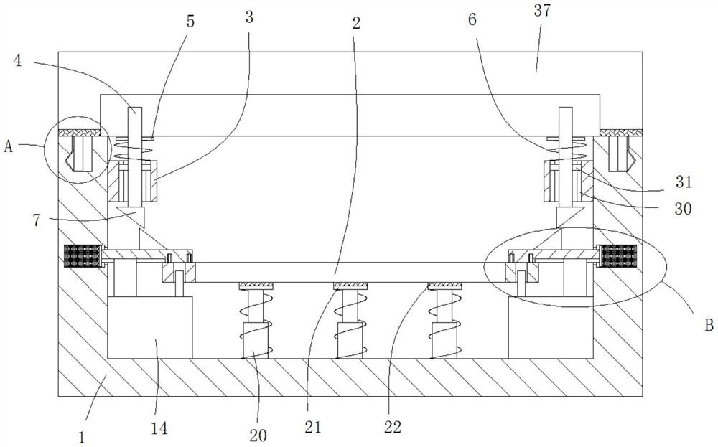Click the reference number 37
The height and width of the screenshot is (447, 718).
coord(541,10)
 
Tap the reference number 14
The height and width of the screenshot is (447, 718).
coord(159,428)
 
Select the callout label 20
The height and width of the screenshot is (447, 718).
coord(258,435)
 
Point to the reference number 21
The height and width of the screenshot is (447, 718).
coord(313,428)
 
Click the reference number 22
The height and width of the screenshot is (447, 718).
coord(393,428)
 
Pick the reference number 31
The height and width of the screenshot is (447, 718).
coord(684,182)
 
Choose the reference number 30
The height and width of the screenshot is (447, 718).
coord(683,209)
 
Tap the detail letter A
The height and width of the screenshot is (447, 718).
coord(8,147)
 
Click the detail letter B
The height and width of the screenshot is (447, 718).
coord(709,325)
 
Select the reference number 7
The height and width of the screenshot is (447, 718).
coord(37,220)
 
